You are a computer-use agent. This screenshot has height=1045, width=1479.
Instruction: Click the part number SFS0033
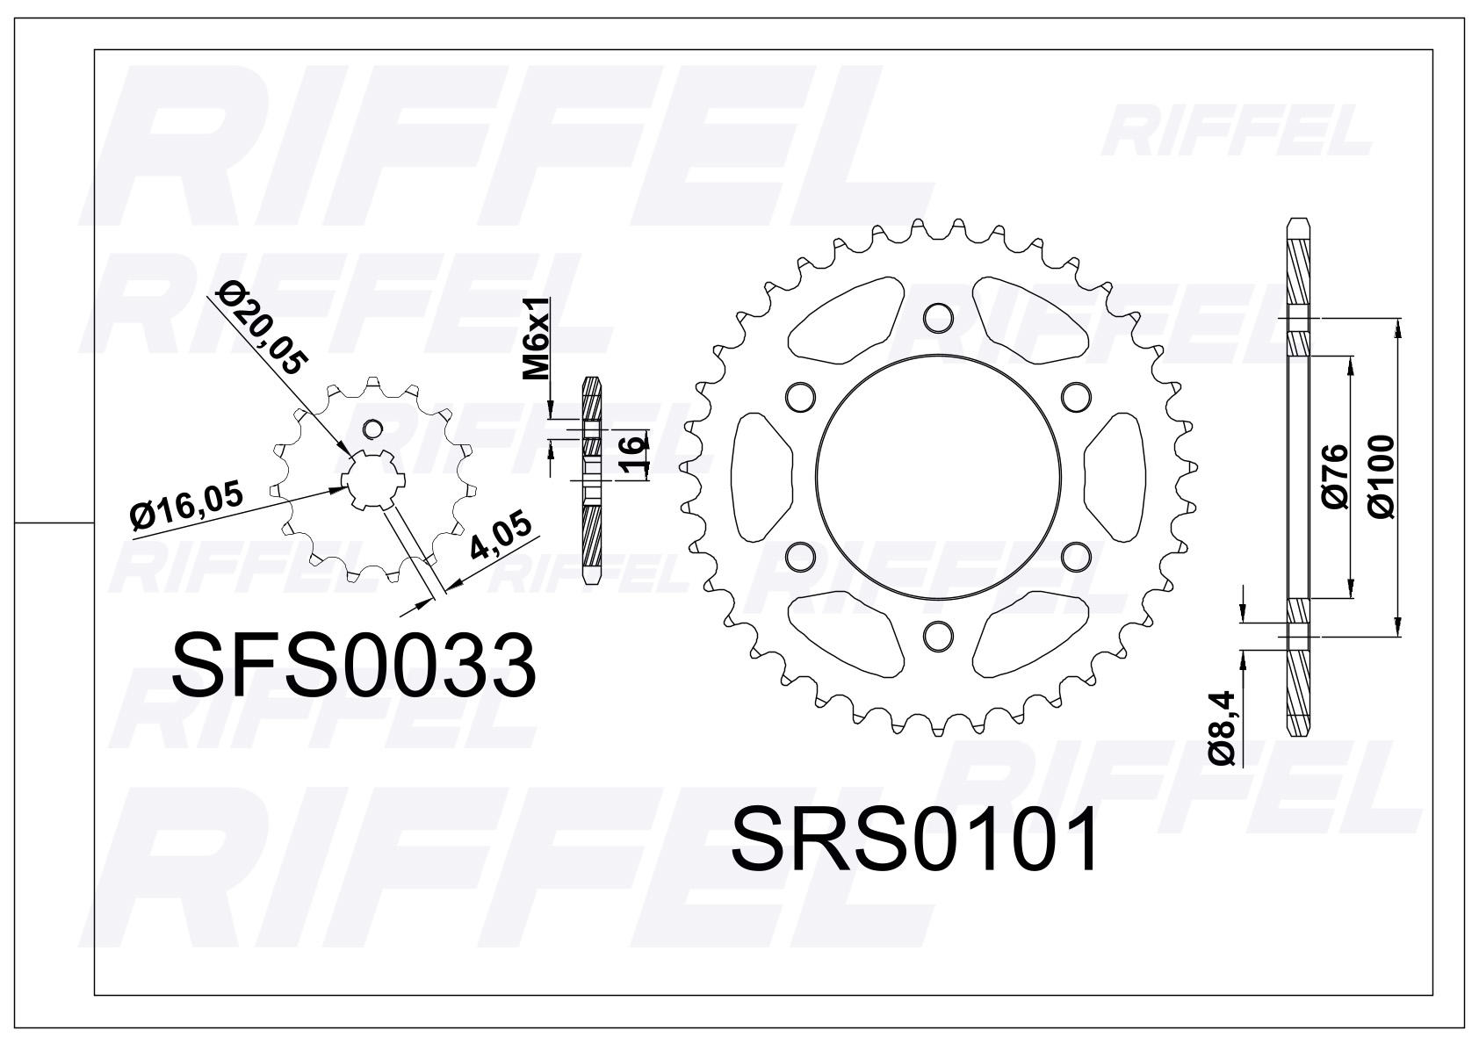(x=354, y=665)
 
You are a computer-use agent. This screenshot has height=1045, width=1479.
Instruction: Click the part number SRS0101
(x=914, y=840)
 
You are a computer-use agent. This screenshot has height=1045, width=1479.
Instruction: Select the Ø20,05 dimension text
(x=261, y=328)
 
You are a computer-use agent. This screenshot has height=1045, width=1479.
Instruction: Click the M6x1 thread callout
(x=537, y=338)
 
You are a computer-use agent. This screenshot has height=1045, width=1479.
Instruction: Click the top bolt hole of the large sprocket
(x=937, y=315)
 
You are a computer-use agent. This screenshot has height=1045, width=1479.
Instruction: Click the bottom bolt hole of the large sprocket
(x=937, y=633)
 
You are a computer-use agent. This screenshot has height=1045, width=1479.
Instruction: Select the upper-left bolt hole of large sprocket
(x=799, y=395)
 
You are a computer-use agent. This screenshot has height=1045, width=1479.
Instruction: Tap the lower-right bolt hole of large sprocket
(x=1075, y=555)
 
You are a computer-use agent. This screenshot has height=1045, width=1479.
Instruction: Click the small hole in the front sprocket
(x=373, y=428)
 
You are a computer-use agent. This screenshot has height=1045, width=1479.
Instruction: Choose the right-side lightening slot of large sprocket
(x=1115, y=475)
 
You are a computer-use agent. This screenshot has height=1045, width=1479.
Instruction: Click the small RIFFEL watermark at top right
(x=1237, y=132)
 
